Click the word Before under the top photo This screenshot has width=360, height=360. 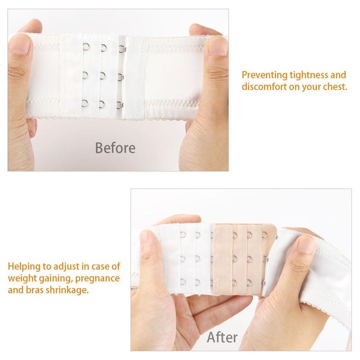pos(115,148)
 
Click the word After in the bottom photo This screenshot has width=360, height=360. pos(222,337)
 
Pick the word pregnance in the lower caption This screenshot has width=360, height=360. pos(97,278)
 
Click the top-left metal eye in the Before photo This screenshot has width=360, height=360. pos(85,47)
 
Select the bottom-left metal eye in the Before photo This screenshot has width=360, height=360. pos(85,103)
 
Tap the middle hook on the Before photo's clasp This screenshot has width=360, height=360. pos(121,77)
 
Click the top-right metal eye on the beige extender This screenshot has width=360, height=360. pos(264,234)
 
